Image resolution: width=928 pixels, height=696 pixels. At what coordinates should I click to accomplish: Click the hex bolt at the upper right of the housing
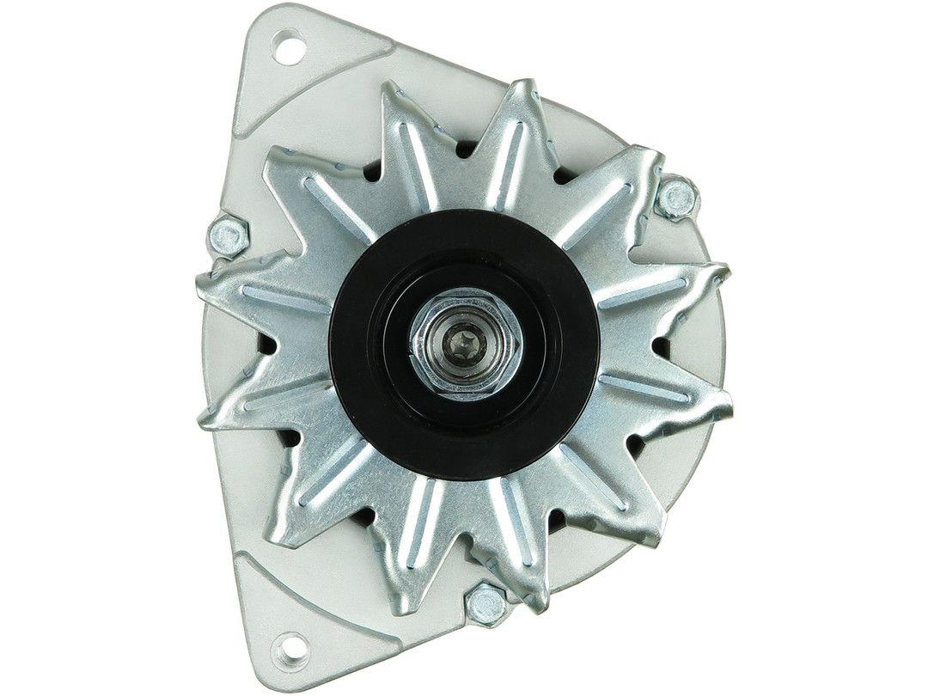[x=677, y=198]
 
